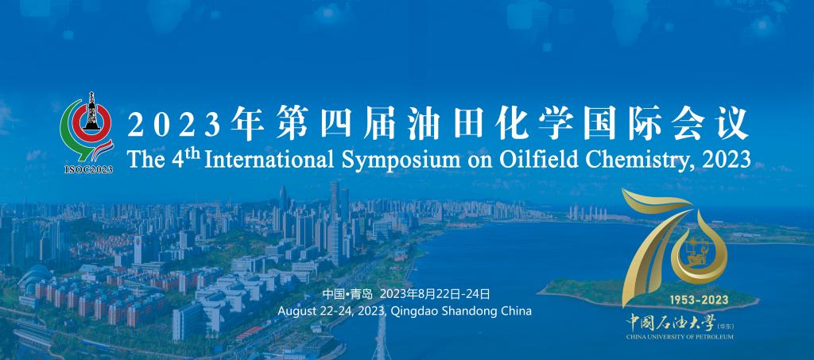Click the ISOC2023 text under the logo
pyautogui.click(x=88, y=169)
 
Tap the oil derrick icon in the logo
pyautogui.click(x=92, y=111)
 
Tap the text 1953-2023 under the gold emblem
pyautogui.click(x=699, y=300)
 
